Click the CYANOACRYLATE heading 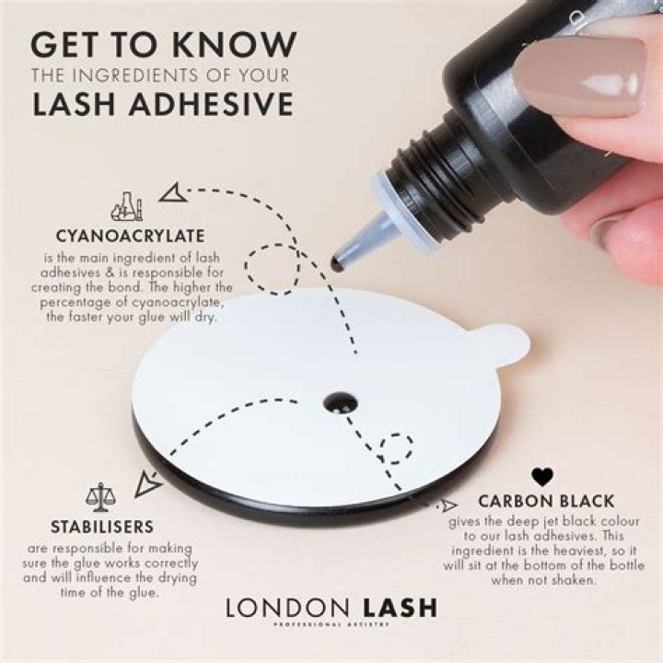(130, 236)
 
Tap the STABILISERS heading (102, 527)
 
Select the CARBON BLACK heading (546, 501)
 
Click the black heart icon (542, 477)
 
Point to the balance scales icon (100, 497)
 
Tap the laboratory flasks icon (127, 206)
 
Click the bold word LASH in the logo (400, 608)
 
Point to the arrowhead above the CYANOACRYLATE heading (172, 192)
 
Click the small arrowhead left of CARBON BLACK (449, 504)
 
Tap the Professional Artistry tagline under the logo (331, 624)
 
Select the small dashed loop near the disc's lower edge (396, 449)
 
